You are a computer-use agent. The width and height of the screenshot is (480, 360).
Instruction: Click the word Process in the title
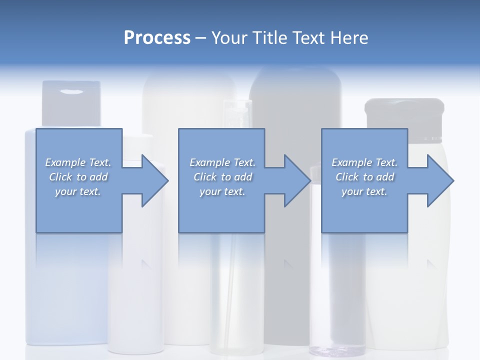157,38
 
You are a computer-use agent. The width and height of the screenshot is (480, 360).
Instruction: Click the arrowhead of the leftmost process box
154,180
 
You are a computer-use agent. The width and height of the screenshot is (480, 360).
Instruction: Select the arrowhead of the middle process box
297,180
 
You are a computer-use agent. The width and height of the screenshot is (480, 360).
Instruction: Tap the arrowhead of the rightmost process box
440,180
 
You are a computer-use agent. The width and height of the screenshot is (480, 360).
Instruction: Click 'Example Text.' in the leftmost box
78,162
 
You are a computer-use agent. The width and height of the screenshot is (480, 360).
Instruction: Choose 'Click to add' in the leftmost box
78,177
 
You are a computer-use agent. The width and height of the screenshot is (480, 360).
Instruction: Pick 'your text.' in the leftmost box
78,191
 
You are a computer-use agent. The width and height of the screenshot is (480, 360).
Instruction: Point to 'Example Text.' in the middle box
222,162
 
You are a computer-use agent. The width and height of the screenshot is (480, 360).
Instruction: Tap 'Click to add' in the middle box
222,177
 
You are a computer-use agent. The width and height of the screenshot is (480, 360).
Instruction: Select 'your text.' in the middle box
222,191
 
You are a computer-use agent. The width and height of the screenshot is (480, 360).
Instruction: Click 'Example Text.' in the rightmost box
364,162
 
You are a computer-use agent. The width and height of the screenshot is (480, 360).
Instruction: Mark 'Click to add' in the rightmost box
364,177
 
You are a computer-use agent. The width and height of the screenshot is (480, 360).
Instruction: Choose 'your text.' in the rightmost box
364,191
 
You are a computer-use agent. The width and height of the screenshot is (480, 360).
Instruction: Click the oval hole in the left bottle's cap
72,91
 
